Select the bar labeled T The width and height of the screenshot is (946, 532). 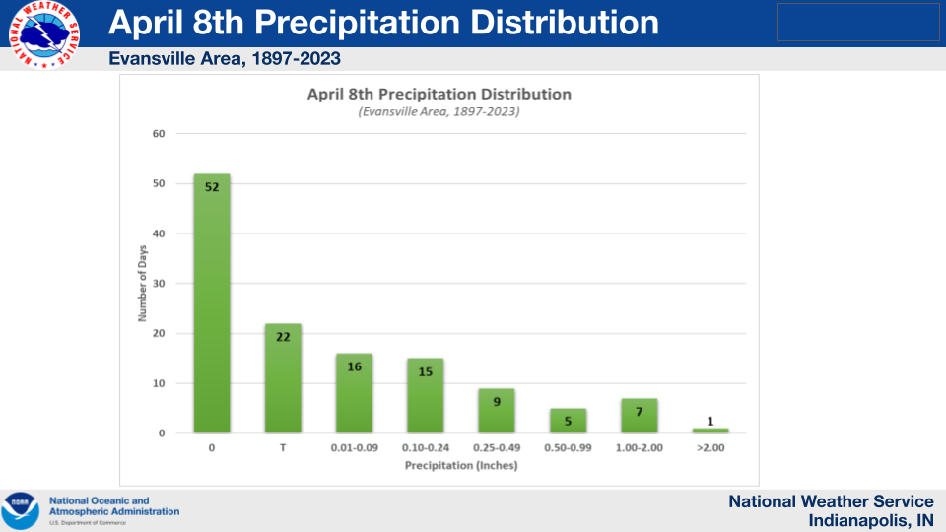[283, 378]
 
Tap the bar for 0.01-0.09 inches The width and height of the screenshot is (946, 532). [354, 393]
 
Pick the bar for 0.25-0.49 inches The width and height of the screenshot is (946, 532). [497, 411]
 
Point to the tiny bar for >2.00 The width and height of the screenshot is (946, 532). [710, 431]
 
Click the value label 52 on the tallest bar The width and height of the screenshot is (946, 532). [212, 186]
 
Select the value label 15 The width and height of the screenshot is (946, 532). [426, 371]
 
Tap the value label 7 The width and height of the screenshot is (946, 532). [639, 411]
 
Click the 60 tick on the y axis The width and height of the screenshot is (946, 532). [158, 133]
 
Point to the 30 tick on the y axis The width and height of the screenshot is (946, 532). [158, 284]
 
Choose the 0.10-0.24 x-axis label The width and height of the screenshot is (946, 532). [426, 449]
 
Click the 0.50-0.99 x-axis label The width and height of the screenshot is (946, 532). [568, 449]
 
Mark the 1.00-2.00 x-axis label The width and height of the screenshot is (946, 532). [639, 449]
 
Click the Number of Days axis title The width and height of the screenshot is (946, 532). [142, 283]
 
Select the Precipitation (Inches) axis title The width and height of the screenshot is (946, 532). [461, 465]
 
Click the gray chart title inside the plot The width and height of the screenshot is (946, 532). [439, 95]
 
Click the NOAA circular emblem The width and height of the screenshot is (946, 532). [21, 510]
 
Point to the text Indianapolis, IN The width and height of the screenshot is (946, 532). [871, 520]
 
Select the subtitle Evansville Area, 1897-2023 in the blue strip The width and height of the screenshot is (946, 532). [225, 59]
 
